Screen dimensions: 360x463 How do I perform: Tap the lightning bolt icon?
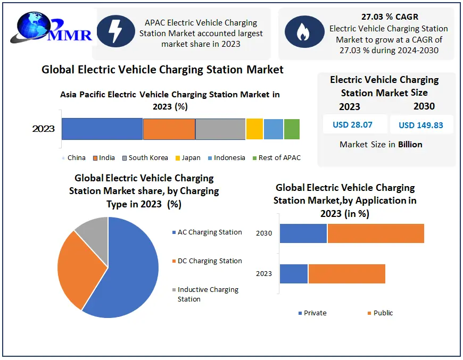(114, 31)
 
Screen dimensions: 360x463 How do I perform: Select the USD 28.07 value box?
(352, 125)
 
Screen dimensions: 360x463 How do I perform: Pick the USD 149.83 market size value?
(420, 125)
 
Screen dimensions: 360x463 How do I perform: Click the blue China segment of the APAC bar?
(102, 129)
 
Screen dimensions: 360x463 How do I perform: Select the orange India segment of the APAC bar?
(169, 129)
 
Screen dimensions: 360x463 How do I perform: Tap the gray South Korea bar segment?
(220, 129)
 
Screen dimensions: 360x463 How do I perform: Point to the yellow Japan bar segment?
(254, 129)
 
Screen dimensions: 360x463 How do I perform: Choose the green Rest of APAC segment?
(292, 129)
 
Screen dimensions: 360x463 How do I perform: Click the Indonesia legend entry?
(226, 158)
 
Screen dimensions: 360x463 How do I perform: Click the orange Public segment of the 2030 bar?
(376, 233)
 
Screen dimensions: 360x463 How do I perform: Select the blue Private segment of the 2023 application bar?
(294, 273)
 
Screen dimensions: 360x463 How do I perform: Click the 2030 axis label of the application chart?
(264, 233)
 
